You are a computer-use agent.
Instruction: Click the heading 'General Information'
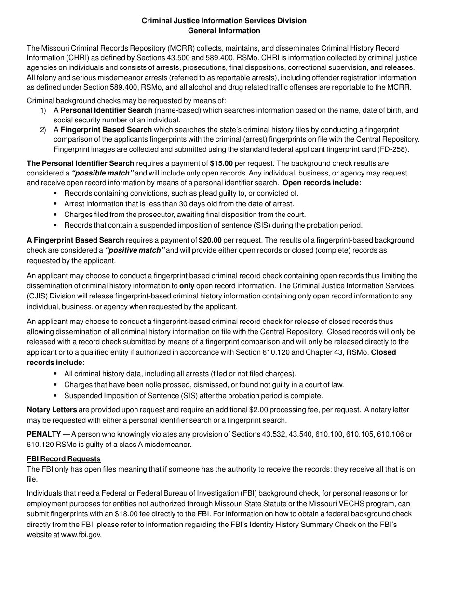224,31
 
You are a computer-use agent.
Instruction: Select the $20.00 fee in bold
210,240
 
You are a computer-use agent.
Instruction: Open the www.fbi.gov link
81,535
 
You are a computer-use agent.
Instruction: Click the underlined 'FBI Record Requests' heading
64,459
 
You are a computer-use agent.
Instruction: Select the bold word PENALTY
44,434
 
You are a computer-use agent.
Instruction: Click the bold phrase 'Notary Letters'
52,410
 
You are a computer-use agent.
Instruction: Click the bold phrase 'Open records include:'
322,183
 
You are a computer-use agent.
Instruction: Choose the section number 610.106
389,434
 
